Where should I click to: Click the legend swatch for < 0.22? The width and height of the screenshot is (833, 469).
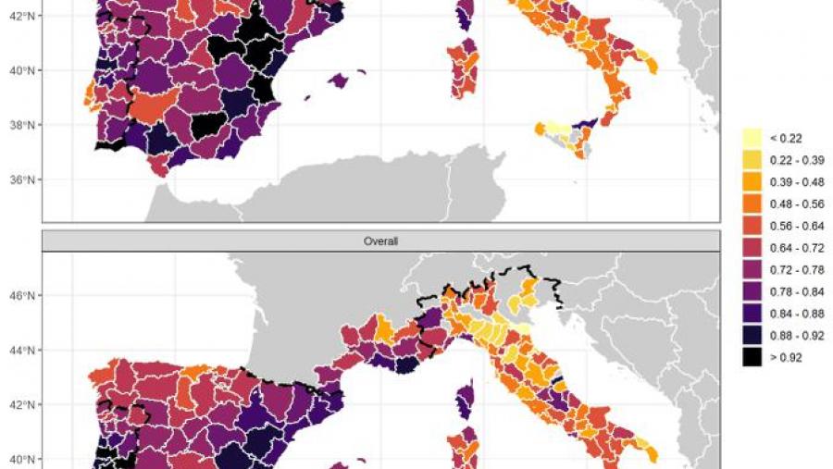pos(752,138)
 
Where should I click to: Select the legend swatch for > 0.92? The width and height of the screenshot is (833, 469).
pos(752,356)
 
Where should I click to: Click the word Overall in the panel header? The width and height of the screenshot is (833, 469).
pos(379,241)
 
